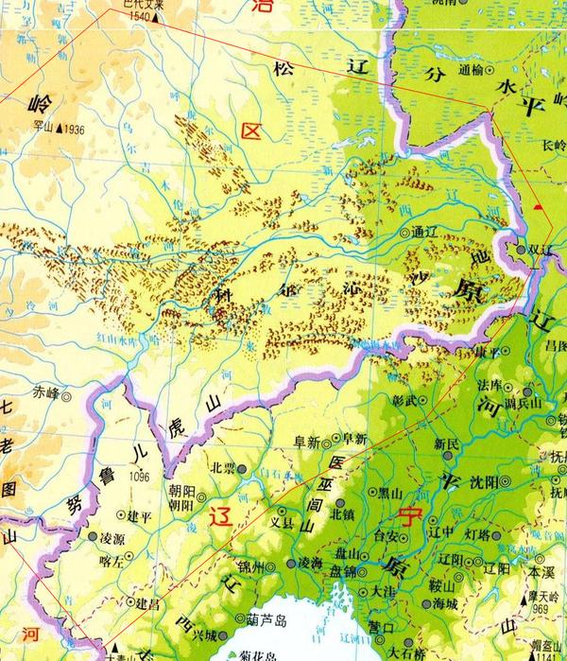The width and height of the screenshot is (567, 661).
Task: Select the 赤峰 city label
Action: click(46, 391)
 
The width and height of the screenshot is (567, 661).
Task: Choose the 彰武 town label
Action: click(403, 400)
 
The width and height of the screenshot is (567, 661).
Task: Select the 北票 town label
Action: click(222, 467)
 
